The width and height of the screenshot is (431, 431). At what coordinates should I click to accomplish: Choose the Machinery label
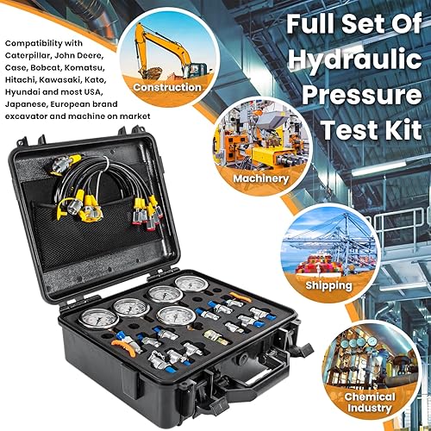[x=260, y=178]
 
